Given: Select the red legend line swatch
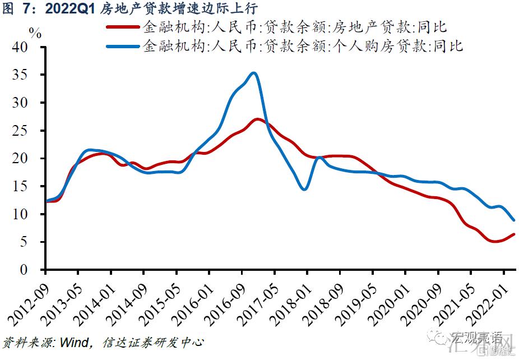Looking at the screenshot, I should [x=122, y=27].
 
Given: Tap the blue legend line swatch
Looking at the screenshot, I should [x=122, y=46].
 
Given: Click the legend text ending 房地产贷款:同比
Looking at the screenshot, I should [x=295, y=27].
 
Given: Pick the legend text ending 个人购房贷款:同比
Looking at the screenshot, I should [x=303, y=46].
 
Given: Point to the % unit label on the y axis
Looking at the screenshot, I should [x=35, y=33].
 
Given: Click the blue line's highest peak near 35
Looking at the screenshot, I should [x=253, y=73].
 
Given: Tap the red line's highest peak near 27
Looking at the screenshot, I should [x=257, y=119].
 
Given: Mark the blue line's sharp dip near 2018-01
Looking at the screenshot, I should [x=304, y=190].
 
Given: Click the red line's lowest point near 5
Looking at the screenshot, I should [x=494, y=242].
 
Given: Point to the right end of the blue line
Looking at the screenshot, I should [x=514, y=220].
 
